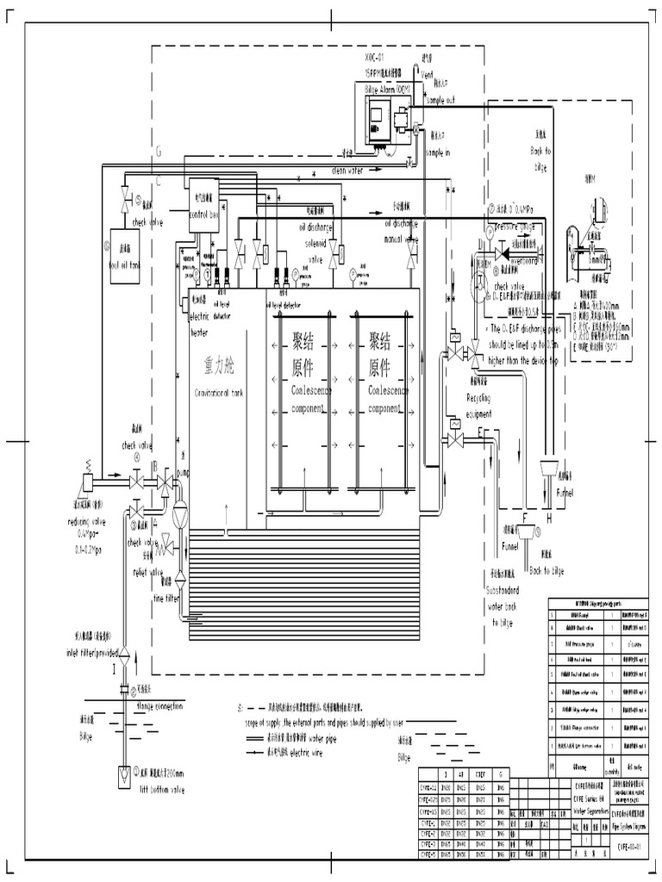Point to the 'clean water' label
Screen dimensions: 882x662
tap(348, 171)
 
